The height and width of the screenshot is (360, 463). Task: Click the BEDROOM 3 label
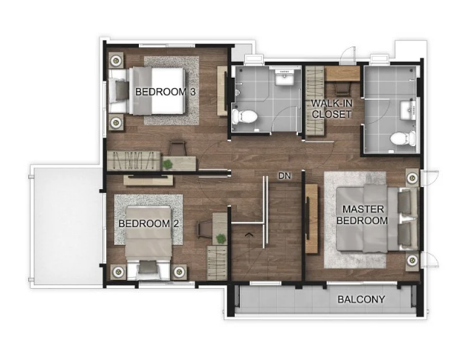(x=166, y=92)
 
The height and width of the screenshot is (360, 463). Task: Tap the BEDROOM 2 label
(x=148, y=223)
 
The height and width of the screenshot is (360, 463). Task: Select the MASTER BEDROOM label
(x=362, y=215)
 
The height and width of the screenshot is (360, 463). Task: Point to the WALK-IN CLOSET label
(x=331, y=109)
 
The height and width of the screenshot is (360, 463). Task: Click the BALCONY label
(x=361, y=300)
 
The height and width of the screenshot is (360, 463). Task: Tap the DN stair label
(x=285, y=176)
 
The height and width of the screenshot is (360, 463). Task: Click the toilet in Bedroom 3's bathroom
(x=244, y=117)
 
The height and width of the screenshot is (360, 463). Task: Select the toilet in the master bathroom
(x=403, y=138)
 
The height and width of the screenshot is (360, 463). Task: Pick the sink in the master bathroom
(x=408, y=111)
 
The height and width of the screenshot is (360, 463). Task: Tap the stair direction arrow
(x=249, y=235)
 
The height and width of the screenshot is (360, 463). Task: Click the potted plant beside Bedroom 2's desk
(x=220, y=239)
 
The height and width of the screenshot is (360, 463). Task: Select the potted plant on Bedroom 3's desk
(x=168, y=164)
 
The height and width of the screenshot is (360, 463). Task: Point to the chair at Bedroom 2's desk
(x=204, y=230)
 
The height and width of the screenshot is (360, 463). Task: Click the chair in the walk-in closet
(x=342, y=88)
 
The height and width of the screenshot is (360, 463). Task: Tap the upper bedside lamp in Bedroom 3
(x=116, y=60)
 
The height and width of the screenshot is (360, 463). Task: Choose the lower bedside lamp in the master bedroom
(x=412, y=260)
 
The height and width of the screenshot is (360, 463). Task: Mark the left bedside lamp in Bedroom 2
(x=118, y=271)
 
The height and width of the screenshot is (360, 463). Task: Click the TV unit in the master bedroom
(x=312, y=219)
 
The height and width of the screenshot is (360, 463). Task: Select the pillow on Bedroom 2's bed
(x=148, y=267)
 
